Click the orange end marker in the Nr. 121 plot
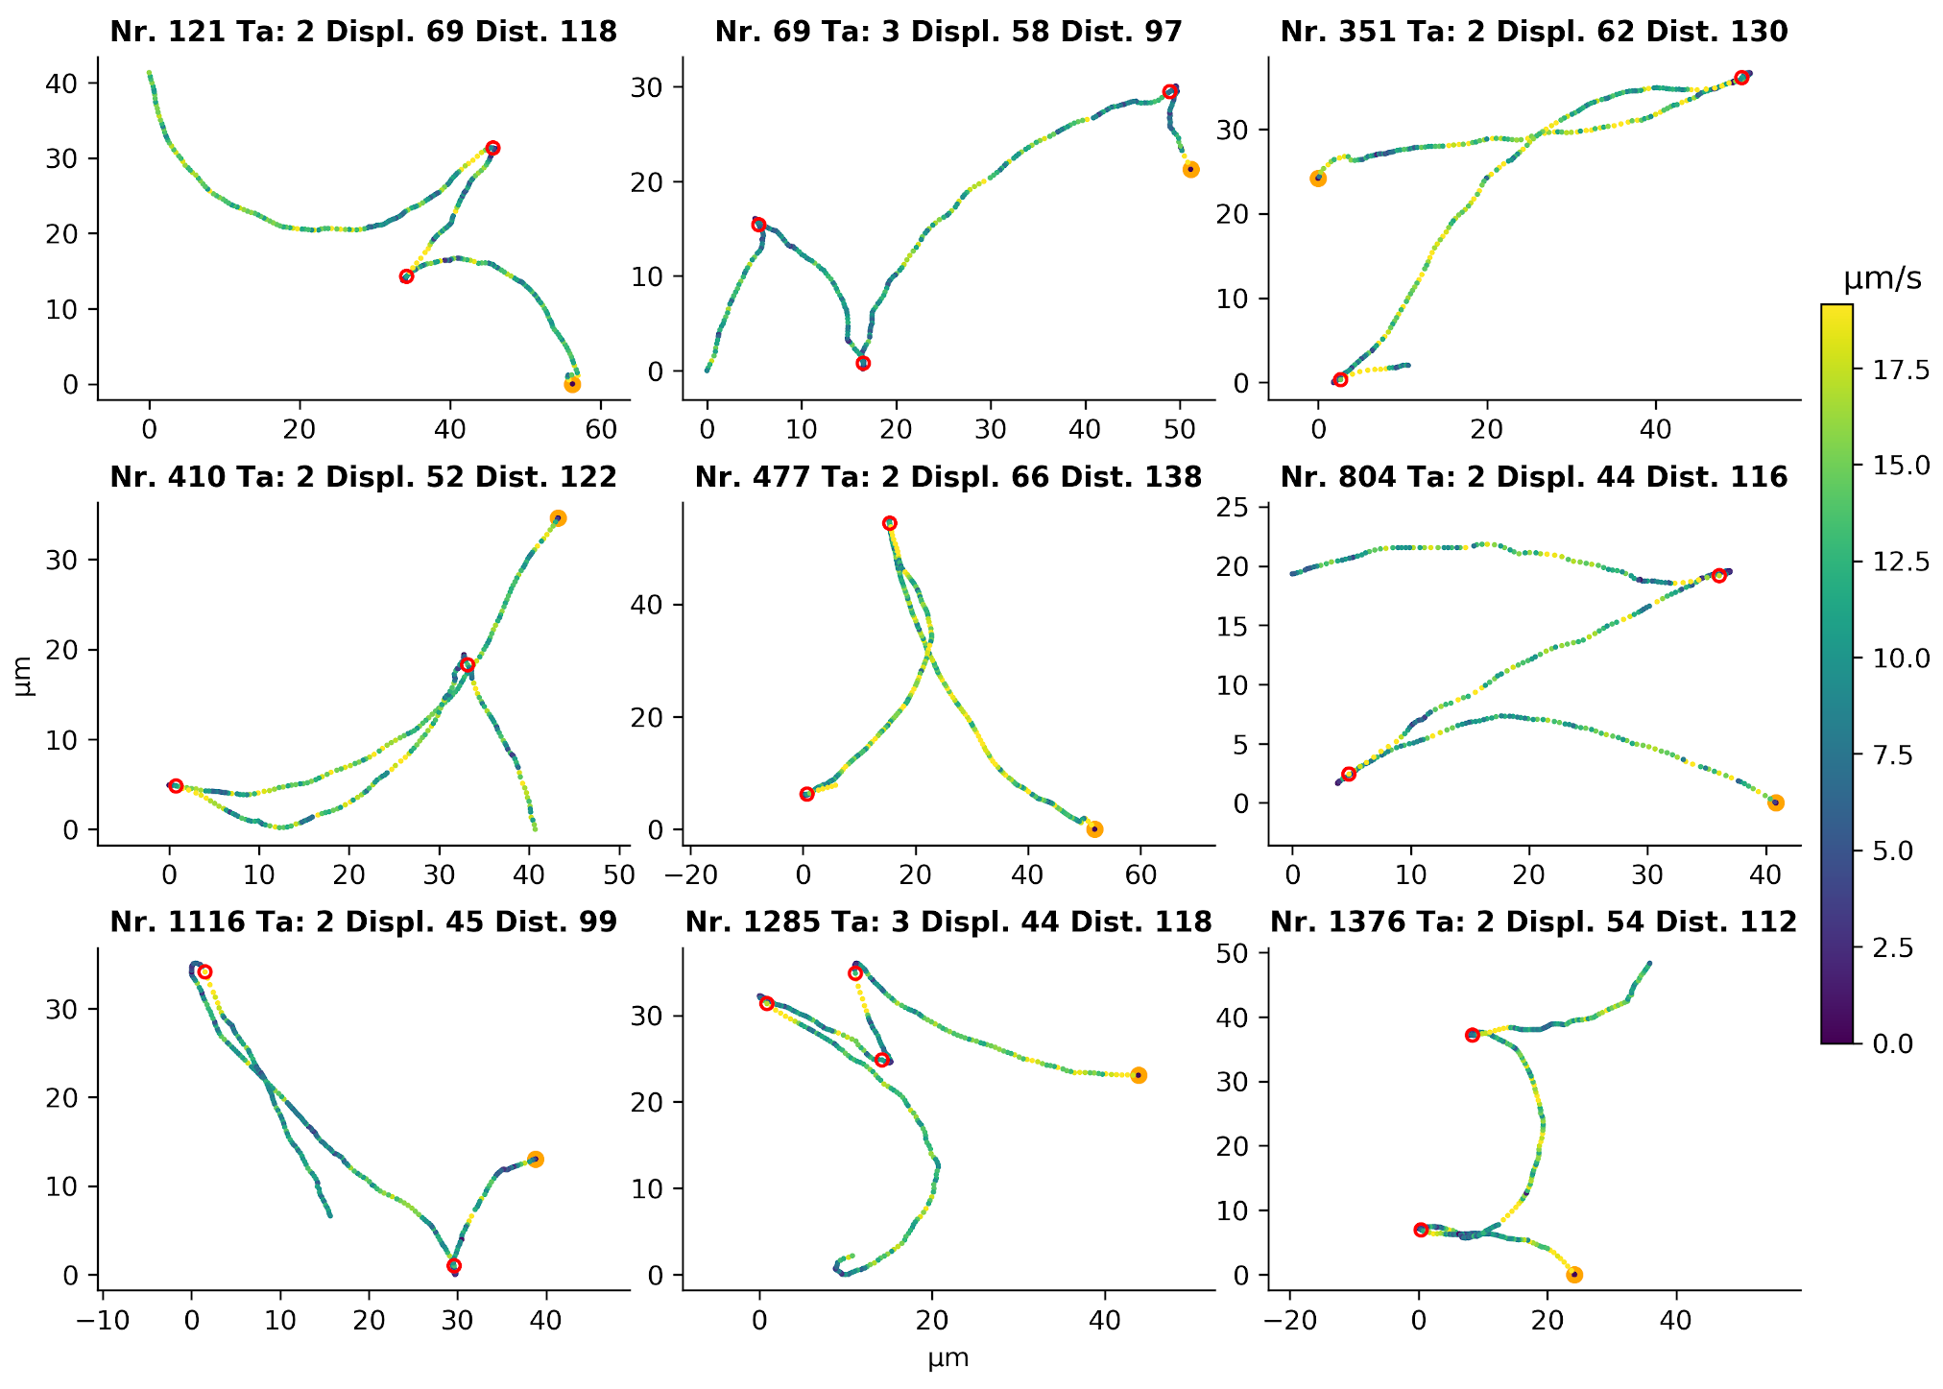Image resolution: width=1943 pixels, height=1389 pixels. tap(572, 384)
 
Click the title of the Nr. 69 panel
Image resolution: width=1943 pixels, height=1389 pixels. tap(948, 32)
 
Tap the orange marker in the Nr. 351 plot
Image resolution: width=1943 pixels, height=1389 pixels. tap(1318, 179)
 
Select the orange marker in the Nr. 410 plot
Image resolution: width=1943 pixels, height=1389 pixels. tap(558, 518)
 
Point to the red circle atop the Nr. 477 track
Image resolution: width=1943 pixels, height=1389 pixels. tap(890, 523)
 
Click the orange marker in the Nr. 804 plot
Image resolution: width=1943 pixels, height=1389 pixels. tap(1776, 802)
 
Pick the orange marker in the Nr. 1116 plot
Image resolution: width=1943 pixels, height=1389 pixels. tap(536, 1160)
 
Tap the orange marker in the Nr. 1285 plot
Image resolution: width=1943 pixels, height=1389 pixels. tap(1139, 1075)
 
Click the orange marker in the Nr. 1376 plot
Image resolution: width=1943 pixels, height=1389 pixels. tap(1574, 1275)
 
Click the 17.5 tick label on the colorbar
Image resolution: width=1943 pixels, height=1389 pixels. tap(1887, 371)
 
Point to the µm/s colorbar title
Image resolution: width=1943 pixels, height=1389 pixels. tap(1883, 279)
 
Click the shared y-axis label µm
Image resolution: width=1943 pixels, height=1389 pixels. tap(25, 675)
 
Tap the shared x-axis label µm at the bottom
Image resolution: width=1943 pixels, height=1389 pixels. tap(948, 1359)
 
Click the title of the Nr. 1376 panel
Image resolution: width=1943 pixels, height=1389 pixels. tap(1533, 922)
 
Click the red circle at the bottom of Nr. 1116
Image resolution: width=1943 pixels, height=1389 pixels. tap(454, 1266)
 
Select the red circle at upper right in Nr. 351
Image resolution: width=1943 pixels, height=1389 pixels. tap(1741, 78)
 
